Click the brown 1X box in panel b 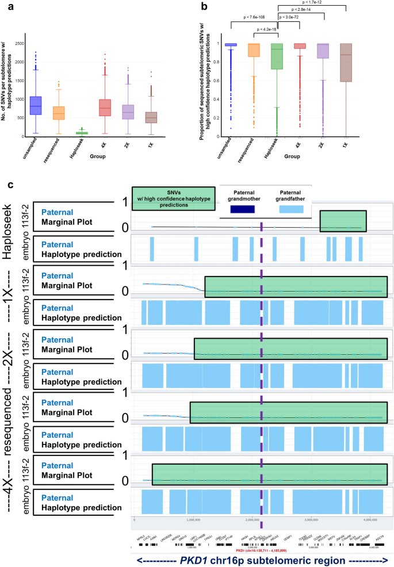(x=346, y=63)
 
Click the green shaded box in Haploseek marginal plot (x=343, y=221)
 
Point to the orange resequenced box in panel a (x=58, y=113)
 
